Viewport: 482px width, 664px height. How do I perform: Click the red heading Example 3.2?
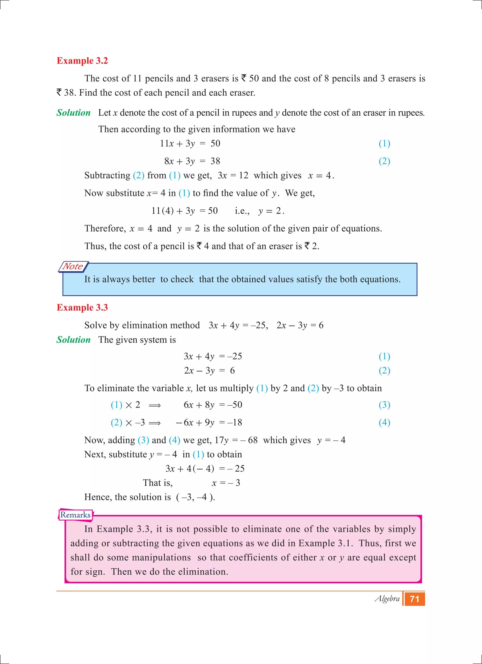pos(82,61)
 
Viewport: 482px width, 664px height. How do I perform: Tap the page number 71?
pos(414,599)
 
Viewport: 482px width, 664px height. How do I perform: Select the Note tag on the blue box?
pos(73,266)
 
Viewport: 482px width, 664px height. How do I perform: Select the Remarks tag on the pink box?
pos(76,515)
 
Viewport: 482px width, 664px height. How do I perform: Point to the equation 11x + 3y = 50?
pos(190,144)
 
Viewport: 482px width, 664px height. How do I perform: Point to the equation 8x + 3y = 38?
pos(192,161)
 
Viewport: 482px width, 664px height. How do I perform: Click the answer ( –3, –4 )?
pos(195,497)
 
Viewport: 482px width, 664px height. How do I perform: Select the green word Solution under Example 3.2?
pos(73,113)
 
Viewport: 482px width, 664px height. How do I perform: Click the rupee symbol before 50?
pos(244,78)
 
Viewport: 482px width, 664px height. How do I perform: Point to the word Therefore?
pos(105,228)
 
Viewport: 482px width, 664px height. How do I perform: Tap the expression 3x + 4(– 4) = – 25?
pos(205,468)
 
